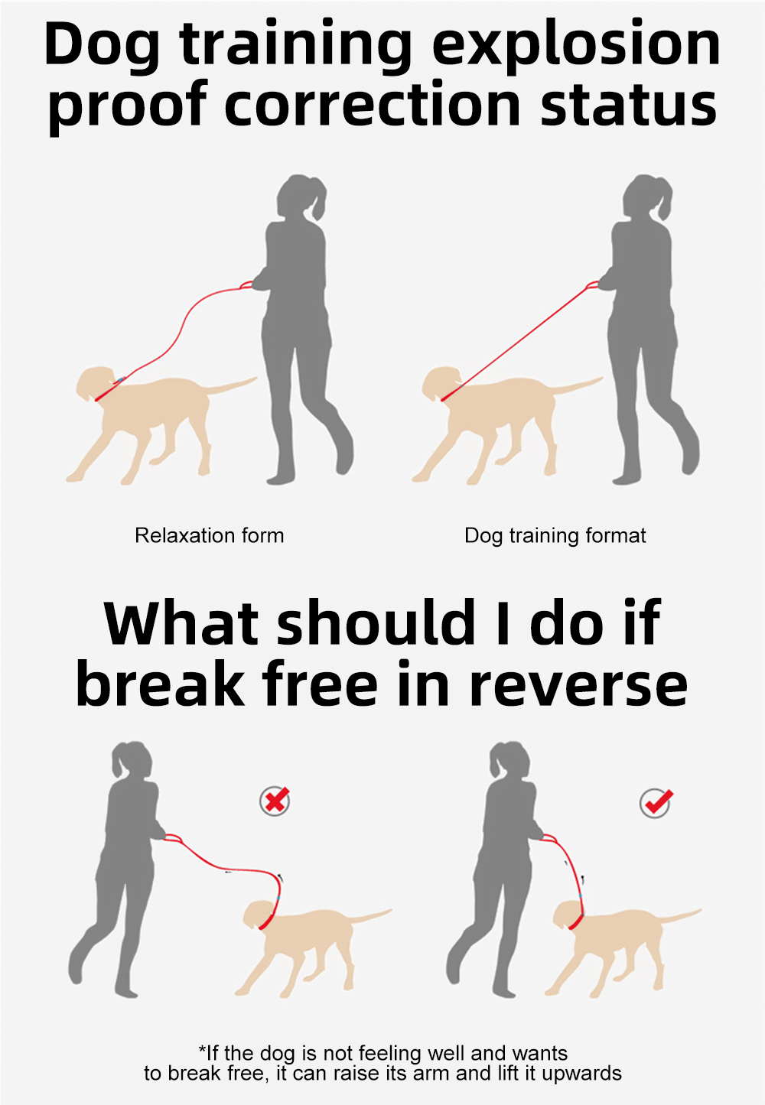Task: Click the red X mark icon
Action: tap(275, 800)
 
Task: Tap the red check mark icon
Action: tap(656, 801)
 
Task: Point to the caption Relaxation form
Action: tap(210, 535)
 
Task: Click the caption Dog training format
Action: tap(555, 536)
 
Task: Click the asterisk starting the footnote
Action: tap(201, 1048)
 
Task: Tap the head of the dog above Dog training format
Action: tap(441, 383)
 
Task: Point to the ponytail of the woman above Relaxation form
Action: tap(318, 200)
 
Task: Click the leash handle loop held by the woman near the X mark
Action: tap(173, 838)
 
